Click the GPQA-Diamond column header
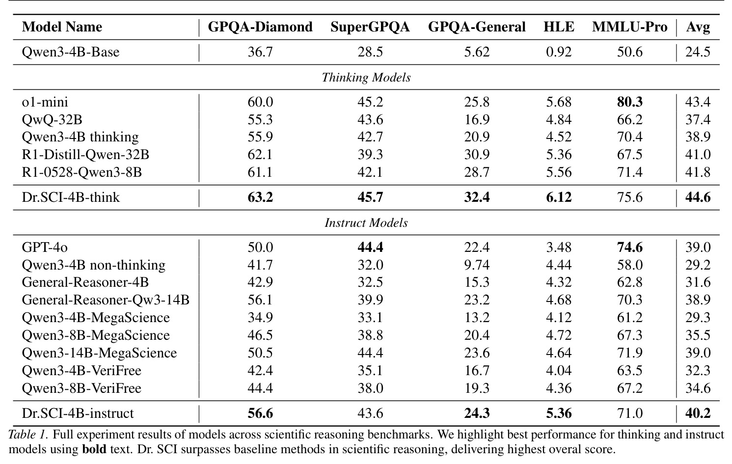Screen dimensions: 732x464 (260, 27)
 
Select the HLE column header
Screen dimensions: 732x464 (559, 27)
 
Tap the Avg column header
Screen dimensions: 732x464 (698, 27)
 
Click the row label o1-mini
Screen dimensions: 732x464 (45, 102)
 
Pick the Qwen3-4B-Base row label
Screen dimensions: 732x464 (71, 52)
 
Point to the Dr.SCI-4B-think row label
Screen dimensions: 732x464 (71, 197)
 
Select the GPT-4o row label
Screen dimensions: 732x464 (45, 247)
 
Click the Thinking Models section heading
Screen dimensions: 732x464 (366, 78)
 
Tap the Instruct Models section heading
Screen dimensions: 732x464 (366, 223)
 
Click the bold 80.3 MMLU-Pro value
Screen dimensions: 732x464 (630, 102)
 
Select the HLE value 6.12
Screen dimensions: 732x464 (559, 197)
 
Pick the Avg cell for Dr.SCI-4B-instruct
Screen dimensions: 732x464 (698, 413)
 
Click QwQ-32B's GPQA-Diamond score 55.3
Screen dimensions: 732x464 (260, 120)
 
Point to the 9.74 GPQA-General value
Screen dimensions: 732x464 (477, 265)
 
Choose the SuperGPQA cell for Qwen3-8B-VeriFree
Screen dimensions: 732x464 (370, 388)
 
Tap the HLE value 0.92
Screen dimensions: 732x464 (559, 52)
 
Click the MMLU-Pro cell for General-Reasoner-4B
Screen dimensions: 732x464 (630, 282)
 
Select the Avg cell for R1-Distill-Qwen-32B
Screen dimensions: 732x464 (698, 155)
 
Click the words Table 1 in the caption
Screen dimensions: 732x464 (28, 435)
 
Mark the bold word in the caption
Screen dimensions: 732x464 (94, 449)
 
